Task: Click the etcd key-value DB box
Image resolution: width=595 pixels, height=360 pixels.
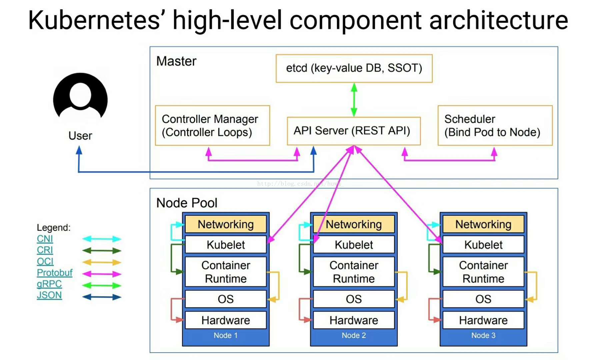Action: point(354,68)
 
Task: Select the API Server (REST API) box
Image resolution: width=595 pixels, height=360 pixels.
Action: point(353,131)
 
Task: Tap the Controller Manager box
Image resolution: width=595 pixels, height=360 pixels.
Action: point(212,126)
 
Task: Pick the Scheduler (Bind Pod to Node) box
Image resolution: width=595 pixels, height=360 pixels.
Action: point(495,126)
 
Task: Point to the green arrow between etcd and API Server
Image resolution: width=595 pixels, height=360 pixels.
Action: point(354,100)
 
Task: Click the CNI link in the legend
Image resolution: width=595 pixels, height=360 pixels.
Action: point(45,239)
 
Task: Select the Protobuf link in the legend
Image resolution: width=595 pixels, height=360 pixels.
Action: point(54,273)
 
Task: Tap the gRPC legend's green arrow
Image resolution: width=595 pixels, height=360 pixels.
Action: point(102,285)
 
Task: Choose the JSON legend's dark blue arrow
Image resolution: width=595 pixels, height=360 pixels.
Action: point(102,297)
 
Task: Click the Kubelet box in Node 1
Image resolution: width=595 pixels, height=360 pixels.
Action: point(226,245)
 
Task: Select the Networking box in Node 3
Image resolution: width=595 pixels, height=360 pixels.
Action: point(483,224)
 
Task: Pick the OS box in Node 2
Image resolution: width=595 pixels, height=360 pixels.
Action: point(354,299)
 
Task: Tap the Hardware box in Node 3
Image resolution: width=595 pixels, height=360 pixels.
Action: point(483,320)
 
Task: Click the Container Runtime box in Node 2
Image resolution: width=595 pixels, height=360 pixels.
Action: point(354,272)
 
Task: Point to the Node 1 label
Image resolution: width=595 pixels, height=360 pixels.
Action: point(226,336)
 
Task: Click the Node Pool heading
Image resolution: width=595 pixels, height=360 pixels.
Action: point(187,203)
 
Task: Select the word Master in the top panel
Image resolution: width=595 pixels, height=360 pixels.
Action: point(176,61)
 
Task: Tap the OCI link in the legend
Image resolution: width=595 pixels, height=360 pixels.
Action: point(45,261)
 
